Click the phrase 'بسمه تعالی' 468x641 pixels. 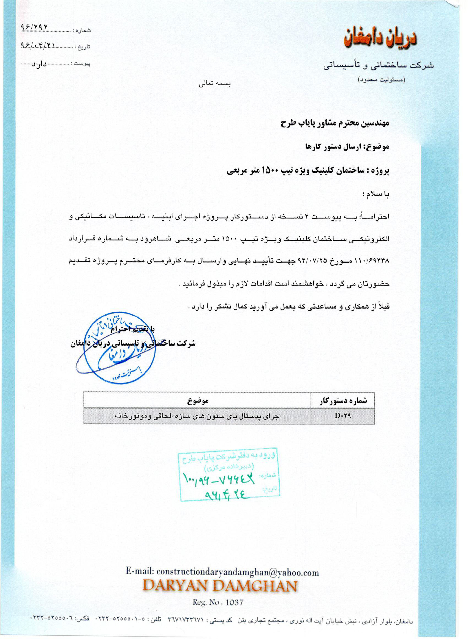pos(214,84)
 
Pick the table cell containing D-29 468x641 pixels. pos(342,416)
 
